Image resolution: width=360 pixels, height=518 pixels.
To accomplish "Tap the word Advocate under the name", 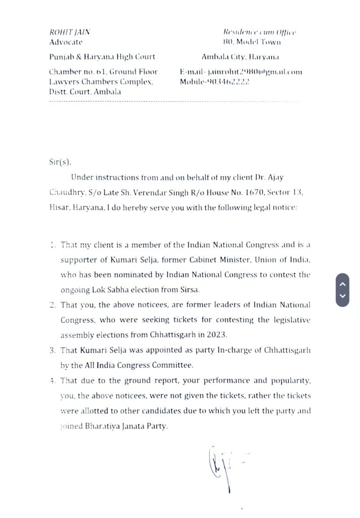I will [66, 42].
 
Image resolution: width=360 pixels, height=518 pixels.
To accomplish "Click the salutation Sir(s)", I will [60, 162].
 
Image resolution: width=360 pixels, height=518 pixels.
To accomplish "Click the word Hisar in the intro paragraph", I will [60, 208].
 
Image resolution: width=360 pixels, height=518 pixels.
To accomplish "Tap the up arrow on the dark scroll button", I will [342, 284].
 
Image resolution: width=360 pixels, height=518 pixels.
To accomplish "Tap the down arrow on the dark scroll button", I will [342, 296].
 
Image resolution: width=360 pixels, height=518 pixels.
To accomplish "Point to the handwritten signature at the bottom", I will [222, 465].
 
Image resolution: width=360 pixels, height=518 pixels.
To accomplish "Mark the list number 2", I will [53, 305].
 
